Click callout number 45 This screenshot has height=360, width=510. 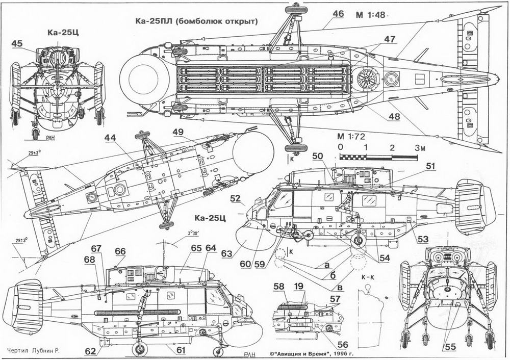coord(16,44)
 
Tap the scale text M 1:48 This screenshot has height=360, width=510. coord(370,15)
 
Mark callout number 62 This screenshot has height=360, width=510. coord(89,351)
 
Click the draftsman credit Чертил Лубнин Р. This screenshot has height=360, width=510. coord(35,351)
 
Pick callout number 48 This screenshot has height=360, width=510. coord(393,116)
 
